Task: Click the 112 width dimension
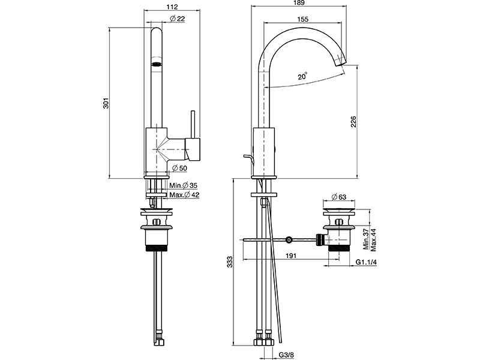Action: click(172, 7)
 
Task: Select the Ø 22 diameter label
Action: click(178, 19)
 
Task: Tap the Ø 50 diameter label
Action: click(179, 167)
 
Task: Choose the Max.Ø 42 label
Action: click(184, 195)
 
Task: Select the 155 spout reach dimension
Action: click(302, 19)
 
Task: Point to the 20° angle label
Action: click(302, 76)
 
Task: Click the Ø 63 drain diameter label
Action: click(339, 196)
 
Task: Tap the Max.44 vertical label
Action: click(373, 238)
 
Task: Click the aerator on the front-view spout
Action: click(156, 63)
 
